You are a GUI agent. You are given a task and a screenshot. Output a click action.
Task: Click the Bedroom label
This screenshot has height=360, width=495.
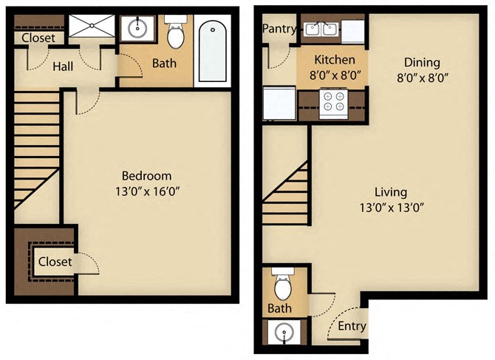pos(146,176)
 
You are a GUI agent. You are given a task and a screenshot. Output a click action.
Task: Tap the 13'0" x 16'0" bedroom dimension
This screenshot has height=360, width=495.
pos(146,191)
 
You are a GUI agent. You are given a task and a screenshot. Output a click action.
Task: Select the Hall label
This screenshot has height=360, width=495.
pos(63,67)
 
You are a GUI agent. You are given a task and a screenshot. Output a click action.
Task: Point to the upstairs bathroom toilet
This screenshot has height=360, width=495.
pos(176,34)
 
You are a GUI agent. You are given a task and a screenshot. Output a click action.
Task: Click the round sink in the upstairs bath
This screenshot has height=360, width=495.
pos(137,30)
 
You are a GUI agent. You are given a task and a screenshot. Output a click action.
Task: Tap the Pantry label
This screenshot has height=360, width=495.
pos(279,30)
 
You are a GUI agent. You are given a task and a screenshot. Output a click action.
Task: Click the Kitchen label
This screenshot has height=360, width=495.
pos(335,59)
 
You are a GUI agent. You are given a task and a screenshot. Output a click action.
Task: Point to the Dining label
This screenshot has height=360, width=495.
pos(422,62)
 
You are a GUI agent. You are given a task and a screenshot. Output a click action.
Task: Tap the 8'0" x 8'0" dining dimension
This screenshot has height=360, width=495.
pos(422,77)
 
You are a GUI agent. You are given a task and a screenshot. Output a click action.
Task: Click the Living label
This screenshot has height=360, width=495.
pos(390,191)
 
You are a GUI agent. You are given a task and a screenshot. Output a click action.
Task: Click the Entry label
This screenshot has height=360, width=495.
pos(352,326)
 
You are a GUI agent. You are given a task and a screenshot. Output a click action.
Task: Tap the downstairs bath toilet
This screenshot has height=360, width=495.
pos(281,283)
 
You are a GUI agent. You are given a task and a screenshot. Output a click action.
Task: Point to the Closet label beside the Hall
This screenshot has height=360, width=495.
pos(37,38)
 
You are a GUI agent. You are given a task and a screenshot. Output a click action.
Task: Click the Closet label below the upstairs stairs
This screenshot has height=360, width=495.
pos(55,262)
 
